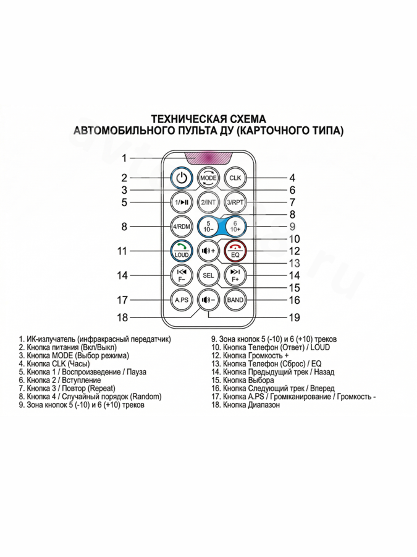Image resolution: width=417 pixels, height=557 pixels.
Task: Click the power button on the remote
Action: pyautogui.click(x=180, y=178)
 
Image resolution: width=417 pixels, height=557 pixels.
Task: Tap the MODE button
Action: pyautogui.click(x=208, y=178)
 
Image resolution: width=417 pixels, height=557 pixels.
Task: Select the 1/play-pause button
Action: pyautogui.click(x=180, y=202)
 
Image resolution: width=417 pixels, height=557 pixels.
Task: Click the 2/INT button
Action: pyautogui.click(x=208, y=202)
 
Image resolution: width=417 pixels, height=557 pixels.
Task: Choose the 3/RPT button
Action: pyautogui.click(x=235, y=202)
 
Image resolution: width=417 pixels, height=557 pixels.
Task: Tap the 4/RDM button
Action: pyautogui.click(x=180, y=227)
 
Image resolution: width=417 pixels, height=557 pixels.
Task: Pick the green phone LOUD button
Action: pyautogui.click(x=180, y=250)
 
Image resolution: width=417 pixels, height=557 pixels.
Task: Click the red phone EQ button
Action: pyautogui.click(x=235, y=250)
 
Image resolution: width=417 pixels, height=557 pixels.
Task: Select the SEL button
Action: pyautogui.click(x=208, y=275)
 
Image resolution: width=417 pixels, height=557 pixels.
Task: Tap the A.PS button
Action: pyautogui.click(x=180, y=300)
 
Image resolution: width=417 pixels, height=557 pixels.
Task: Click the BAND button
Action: pyautogui.click(x=235, y=300)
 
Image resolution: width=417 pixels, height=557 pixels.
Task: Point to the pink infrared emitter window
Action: pyautogui.click(x=208, y=158)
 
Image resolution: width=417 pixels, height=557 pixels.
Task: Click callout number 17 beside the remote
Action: pyautogui.click(x=122, y=300)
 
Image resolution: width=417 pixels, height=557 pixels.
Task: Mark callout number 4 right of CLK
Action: pyautogui.click(x=292, y=178)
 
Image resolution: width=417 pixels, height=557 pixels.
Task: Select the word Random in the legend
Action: pyautogui.click(x=146, y=397)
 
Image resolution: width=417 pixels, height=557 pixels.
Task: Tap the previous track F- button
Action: pyautogui.click(x=180, y=275)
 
